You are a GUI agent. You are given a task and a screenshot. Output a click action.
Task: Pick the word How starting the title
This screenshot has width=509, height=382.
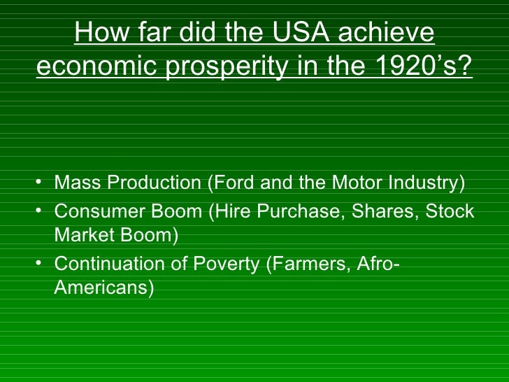point(100,33)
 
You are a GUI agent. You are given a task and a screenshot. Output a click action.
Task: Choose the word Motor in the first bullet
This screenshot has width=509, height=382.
point(353,183)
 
